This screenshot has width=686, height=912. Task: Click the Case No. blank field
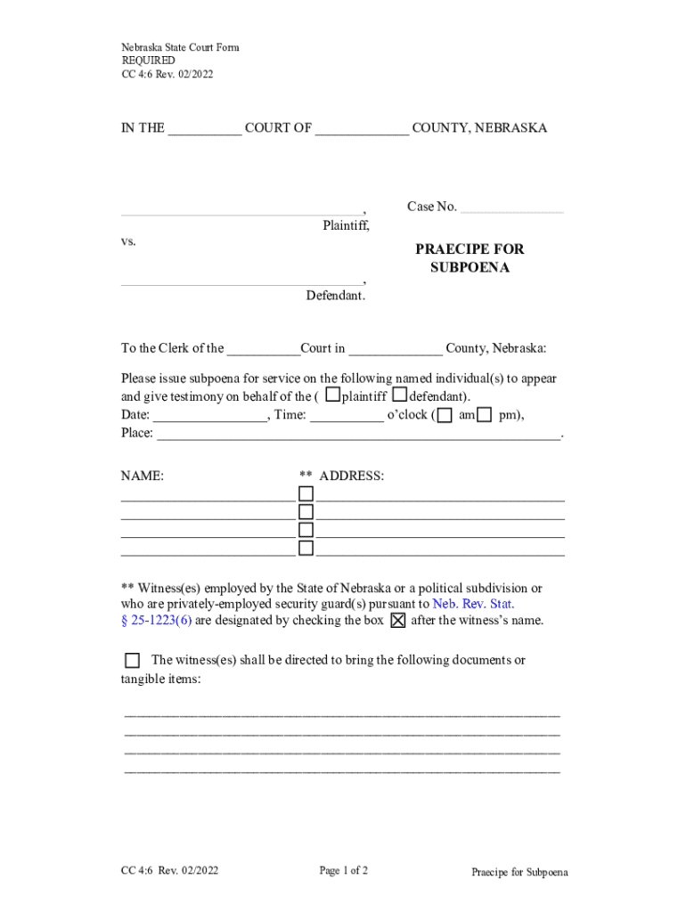coord(512,208)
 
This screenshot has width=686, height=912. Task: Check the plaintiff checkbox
coord(332,394)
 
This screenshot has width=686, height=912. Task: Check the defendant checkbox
coord(400,394)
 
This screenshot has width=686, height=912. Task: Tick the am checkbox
coord(445,415)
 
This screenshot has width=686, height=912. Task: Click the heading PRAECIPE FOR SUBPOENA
coord(470,258)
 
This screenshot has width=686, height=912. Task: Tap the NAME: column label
coord(143,476)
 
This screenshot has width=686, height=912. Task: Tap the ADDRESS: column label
coord(351,476)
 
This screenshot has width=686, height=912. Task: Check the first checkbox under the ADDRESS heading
coord(306,493)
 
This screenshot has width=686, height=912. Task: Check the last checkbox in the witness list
coord(306,548)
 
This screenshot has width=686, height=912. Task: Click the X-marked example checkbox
coord(397,621)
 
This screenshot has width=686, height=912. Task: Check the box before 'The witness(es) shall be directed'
coord(132,660)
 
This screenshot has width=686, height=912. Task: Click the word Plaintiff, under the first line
coord(346,226)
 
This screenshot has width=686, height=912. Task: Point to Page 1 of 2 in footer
coord(344,871)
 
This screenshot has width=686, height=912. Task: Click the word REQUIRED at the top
coord(148,61)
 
